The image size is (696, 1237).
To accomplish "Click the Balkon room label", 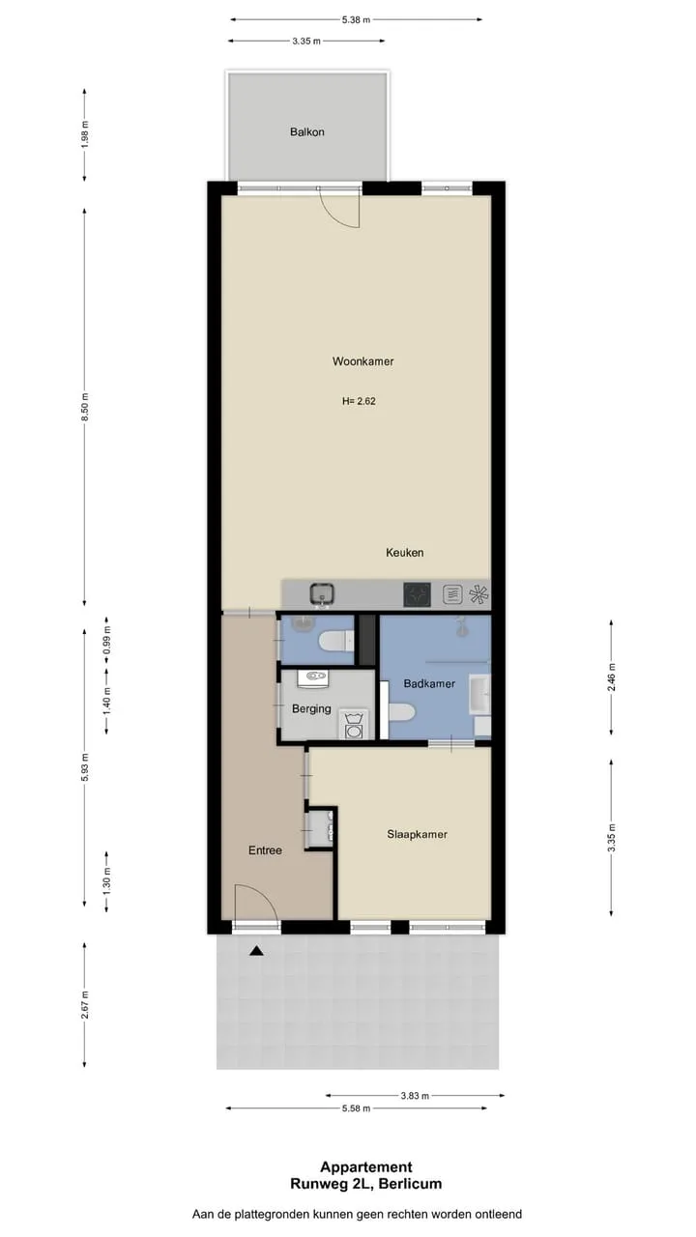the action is tap(307, 132).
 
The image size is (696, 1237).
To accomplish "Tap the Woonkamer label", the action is tap(362, 361).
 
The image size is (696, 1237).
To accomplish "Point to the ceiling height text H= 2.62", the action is tap(359, 401).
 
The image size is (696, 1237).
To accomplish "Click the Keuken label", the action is tap(405, 552).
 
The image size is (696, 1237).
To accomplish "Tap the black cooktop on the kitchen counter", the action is tap(417, 594).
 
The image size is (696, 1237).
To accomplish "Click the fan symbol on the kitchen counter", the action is tap(478, 594).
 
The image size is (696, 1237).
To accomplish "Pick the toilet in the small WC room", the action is tap(335, 642).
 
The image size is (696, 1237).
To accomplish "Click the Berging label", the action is tap(311, 708).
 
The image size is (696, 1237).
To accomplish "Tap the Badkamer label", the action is tap(429, 683).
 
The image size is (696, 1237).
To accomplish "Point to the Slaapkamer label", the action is tap(417, 834).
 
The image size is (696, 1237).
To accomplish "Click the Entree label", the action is tap(265, 850).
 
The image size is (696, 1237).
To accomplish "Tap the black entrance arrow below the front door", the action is tap(256, 951).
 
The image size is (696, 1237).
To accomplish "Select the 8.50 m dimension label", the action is tap(84, 408).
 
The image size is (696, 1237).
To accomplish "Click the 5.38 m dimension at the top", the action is tap(356, 20).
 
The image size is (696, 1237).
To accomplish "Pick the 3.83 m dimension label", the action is tap(415, 1096).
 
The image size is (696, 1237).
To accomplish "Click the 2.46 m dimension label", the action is tap(611, 677).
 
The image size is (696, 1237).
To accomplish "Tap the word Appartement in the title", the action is tap(366, 1166).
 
